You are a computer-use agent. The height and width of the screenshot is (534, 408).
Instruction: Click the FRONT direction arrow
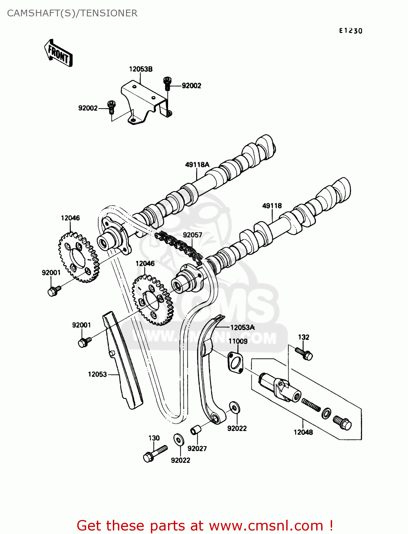pos(58,53)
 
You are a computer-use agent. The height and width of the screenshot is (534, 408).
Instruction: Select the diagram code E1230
pos(350,31)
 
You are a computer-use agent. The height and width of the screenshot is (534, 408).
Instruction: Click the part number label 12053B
pos(141,69)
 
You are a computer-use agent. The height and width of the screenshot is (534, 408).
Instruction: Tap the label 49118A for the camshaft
pos(197,164)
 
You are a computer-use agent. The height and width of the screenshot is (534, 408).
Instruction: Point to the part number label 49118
pos(272,206)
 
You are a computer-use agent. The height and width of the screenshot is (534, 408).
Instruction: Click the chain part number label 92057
pos(192,235)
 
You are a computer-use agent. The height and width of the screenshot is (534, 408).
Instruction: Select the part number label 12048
pos(303,432)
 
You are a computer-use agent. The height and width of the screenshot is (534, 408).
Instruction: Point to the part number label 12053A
pos(242,328)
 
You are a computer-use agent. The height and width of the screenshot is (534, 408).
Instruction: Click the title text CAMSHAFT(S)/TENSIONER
pos(72,13)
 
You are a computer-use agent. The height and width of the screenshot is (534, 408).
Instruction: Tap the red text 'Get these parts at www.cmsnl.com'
pos(205,525)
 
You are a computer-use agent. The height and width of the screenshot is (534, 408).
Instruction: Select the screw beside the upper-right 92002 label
pos(167,84)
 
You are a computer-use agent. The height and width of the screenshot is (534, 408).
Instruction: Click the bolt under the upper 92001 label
pos(54,291)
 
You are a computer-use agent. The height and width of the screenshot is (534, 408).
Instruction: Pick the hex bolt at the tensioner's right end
pos(342,423)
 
